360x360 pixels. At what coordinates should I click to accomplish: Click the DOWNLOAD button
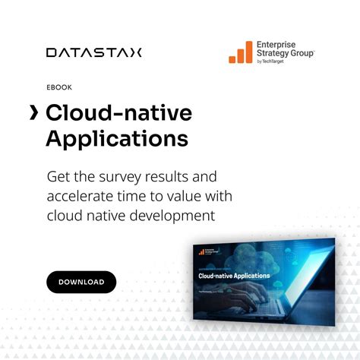pos(81,282)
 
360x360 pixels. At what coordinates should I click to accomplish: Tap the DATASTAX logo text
pos(93,52)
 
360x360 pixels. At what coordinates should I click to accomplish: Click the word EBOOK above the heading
pos(59,87)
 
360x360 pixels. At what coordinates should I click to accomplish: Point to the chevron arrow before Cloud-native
pos(33,113)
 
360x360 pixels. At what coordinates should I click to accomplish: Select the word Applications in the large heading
pos(116,140)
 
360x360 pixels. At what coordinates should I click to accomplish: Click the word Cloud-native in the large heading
pos(118,113)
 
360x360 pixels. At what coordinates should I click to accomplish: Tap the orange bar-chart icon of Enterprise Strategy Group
pos(241,52)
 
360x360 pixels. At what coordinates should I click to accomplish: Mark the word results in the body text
pos(172,177)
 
